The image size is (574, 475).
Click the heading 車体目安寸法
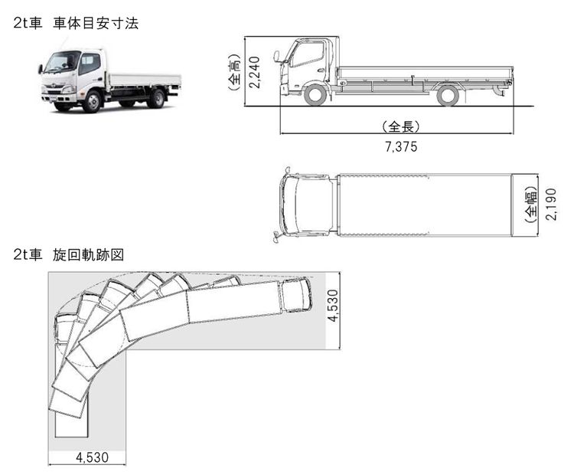point(96,24)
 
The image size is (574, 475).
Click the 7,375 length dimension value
point(401,146)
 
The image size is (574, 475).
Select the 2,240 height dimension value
point(254,71)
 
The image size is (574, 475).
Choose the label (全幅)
point(531,204)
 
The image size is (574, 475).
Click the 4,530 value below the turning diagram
point(92,457)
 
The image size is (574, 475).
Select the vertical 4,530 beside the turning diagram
point(333,306)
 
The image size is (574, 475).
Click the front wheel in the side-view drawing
point(315,95)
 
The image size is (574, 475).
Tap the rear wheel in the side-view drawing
point(448,95)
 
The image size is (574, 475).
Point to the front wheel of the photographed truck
point(91,100)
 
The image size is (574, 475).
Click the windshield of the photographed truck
point(61,62)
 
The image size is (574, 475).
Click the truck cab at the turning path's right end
point(296,294)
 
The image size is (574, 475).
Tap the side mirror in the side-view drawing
point(277,56)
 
